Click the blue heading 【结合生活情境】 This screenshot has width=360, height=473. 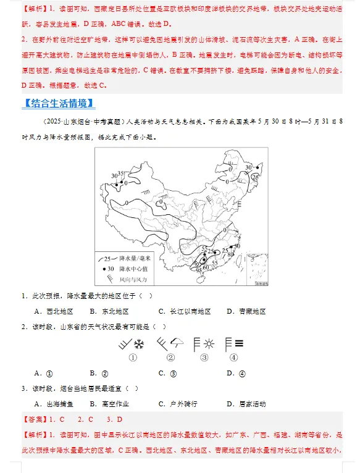[58, 103]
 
